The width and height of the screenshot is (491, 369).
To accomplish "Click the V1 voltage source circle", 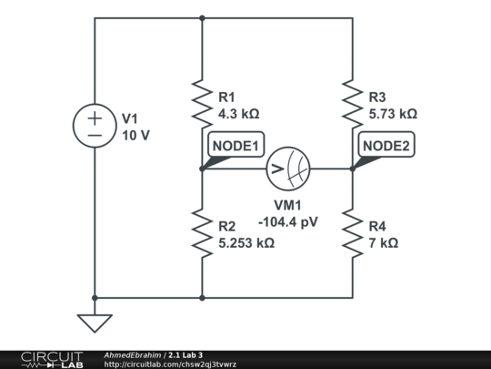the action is [x=95, y=104].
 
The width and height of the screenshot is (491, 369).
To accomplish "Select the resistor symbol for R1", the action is [x=202, y=104].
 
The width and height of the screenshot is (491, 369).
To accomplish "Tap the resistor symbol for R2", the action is [x=202, y=233].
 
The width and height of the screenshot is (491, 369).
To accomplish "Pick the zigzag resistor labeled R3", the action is [x=353, y=104].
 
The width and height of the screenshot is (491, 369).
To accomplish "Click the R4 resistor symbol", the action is [x=353, y=233].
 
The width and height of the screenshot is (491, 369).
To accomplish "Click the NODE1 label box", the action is [x=236, y=144].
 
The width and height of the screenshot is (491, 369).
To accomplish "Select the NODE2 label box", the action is [x=386, y=144].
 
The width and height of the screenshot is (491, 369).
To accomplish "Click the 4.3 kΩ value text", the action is [x=239, y=114].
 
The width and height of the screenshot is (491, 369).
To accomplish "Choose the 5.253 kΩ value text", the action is [x=246, y=243].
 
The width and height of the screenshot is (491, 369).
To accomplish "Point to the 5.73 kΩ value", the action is [x=393, y=114].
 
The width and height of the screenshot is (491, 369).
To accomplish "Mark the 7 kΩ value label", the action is [x=384, y=243].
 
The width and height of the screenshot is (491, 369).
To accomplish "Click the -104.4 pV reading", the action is [x=288, y=222].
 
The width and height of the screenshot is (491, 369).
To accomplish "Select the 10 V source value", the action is [x=135, y=136].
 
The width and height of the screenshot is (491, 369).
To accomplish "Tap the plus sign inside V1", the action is [x=95, y=118].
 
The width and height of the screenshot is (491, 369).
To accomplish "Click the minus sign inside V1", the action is [x=95, y=136].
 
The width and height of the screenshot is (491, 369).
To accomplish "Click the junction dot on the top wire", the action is [x=202, y=18].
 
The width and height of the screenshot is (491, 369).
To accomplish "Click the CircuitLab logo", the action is [x=52, y=360].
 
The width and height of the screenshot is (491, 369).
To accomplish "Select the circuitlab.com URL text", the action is [x=170, y=364].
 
